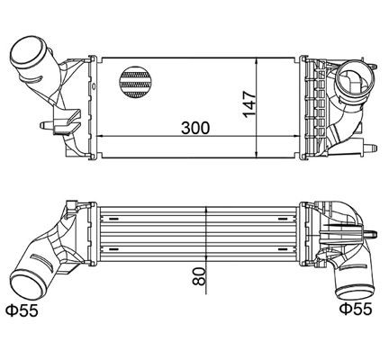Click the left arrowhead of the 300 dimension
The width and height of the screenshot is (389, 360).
coord(98,136)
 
